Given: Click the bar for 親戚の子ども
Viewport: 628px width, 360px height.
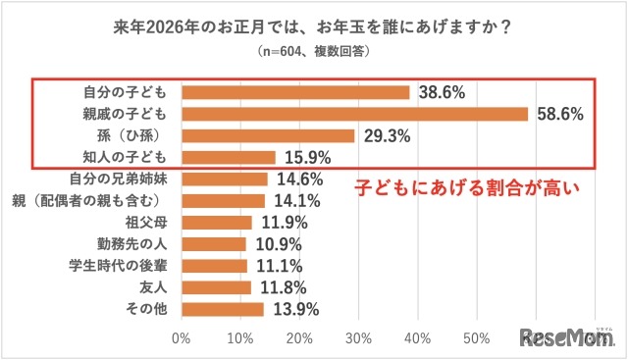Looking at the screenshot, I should pyautogui.click(x=354, y=114).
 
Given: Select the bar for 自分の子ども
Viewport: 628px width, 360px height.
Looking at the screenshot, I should pyautogui.click(x=295, y=92).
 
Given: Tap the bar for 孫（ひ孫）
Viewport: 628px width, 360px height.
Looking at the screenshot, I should pyautogui.click(x=268, y=135).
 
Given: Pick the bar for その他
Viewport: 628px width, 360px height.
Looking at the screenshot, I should pyautogui.click(x=222, y=309).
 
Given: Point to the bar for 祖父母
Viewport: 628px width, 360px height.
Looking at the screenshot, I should pyautogui.click(x=216, y=223).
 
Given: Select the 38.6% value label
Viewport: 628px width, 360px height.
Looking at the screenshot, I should pyautogui.click(x=442, y=92).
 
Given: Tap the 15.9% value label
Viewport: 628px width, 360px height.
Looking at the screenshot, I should pyautogui.click(x=306, y=157).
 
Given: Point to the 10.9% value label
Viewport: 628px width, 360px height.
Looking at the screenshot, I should pyautogui.click(x=277, y=244).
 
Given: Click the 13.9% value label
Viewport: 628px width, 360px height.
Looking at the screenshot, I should pyautogui.click(x=294, y=309).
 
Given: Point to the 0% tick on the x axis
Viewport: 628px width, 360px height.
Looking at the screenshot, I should pyautogui.click(x=182, y=339).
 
